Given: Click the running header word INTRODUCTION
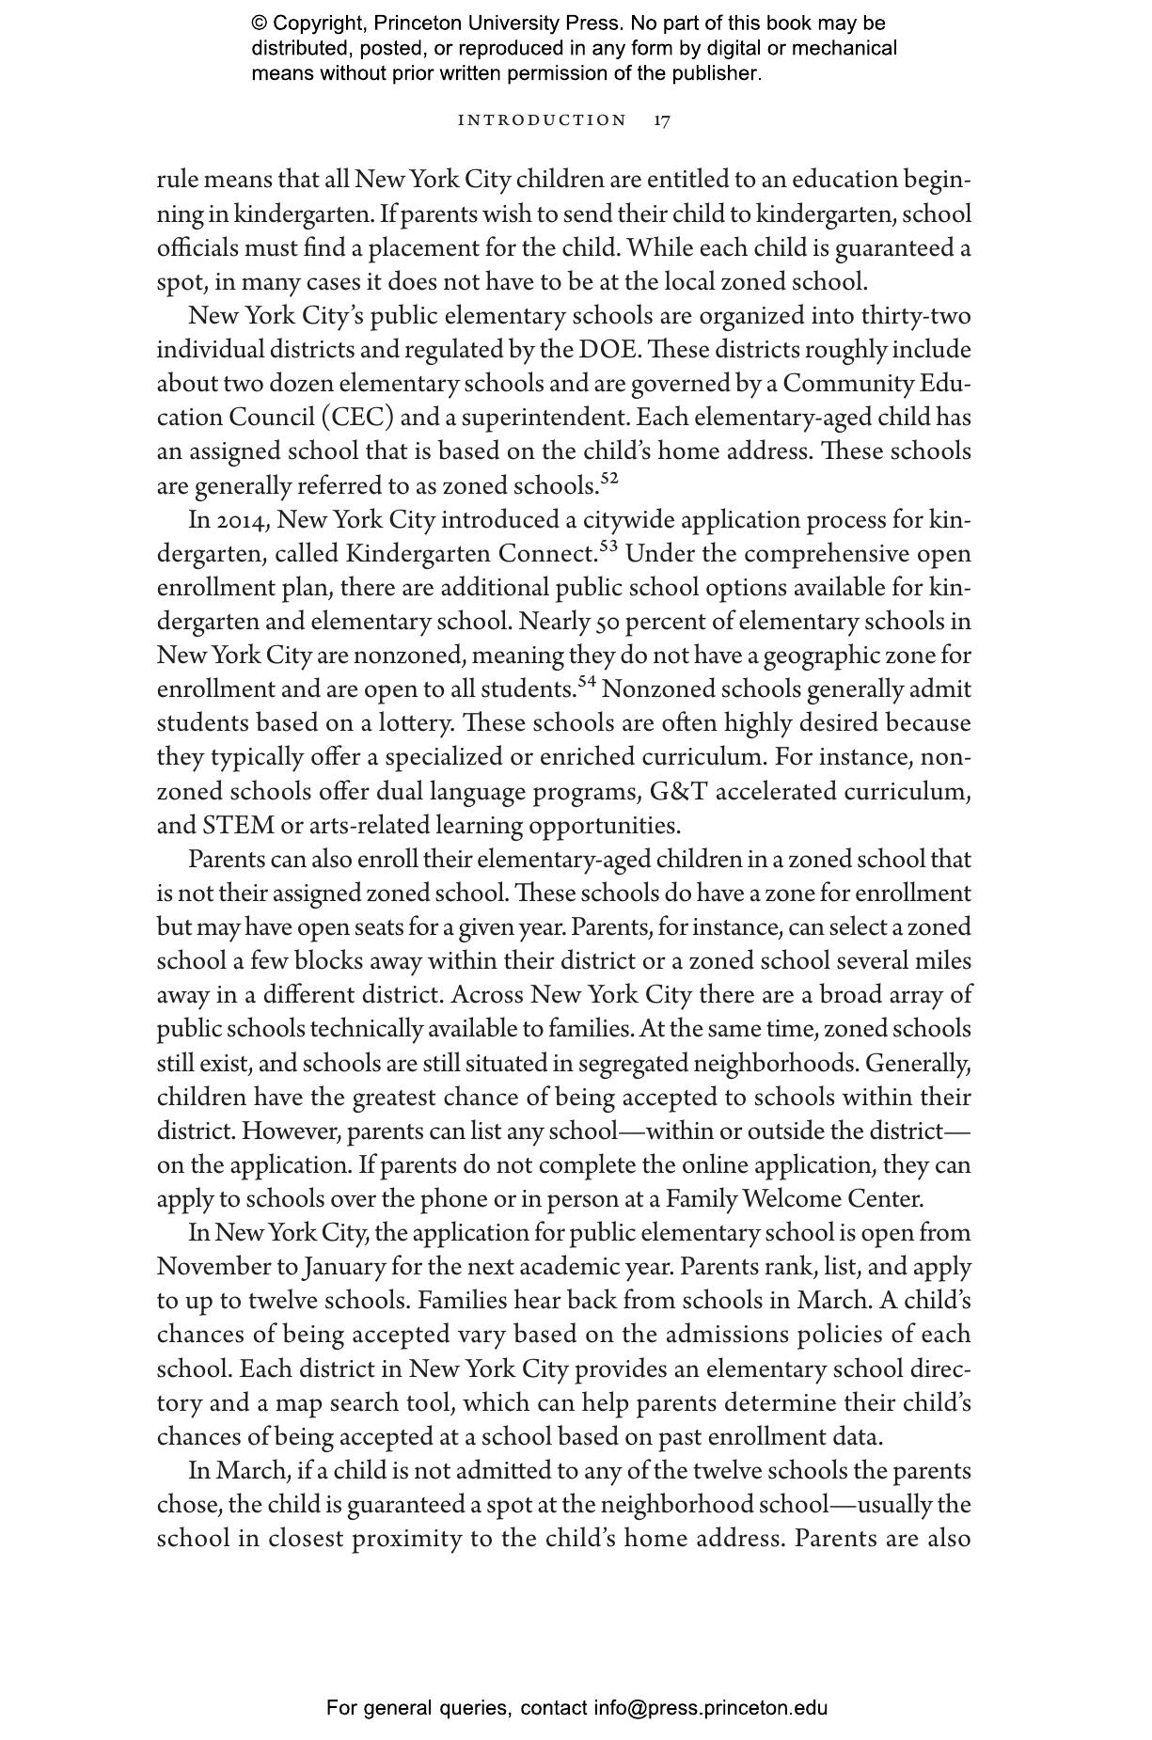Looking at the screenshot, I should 542,120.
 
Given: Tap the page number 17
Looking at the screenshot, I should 662,120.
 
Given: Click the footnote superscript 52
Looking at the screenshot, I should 609,479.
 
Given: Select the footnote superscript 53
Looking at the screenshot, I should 608,546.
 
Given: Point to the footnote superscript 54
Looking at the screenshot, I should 587,682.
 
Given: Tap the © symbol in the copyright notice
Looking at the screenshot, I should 260,24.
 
